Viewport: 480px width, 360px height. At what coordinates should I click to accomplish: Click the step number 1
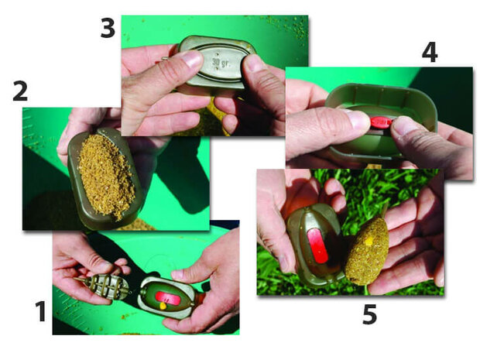pos(40,311)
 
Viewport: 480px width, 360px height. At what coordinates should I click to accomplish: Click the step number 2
pos(20,91)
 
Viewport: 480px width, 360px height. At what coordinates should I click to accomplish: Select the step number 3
pos(108,28)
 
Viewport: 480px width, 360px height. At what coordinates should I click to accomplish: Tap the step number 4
pos(430,53)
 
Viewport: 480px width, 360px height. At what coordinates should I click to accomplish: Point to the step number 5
pos(369,314)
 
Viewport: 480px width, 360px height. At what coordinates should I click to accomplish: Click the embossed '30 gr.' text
pos(221,63)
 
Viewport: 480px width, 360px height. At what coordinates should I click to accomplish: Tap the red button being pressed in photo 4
pos(381,122)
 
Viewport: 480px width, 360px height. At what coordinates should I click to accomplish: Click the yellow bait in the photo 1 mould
pos(163,306)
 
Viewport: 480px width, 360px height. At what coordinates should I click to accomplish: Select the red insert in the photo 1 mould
pos(168,299)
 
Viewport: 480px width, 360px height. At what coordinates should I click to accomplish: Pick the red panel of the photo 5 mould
pos(317,245)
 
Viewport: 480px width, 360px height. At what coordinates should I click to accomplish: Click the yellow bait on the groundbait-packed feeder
pos(369,242)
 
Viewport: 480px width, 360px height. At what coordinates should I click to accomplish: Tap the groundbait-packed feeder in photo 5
pos(367,251)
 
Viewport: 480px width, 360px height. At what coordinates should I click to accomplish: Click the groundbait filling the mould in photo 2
pos(106,175)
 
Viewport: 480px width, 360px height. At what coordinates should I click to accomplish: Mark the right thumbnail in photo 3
pos(252,63)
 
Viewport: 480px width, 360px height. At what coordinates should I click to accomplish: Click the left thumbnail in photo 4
pos(357,120)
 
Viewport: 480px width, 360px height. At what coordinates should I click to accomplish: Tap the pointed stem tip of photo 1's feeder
pos(75,279)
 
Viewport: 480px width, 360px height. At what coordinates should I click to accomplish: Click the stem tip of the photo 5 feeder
pos(386,204)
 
